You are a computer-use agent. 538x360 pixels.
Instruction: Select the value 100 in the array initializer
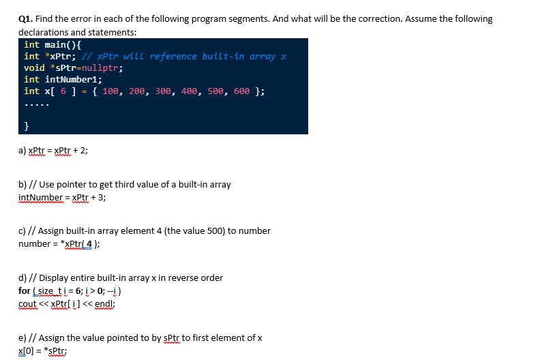pyautogui.click(x=111, y=91)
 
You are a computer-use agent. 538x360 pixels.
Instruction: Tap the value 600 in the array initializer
pyautogui.click(x=242, y=91)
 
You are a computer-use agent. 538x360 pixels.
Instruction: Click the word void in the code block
pyautogui.click(x=34, y=67)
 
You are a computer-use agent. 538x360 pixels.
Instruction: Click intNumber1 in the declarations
pyautogui.click(x=72, y=79)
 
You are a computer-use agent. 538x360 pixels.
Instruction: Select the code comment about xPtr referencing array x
pyautogui.click(x=183, y=56)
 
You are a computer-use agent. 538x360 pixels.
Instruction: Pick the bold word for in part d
pyautogui.click(x=24, y=290)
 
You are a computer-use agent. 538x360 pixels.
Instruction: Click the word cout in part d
pyautogui.click(x=27, y=303)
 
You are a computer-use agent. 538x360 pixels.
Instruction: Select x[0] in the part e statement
pyautogui.click(x=28, y=350)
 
